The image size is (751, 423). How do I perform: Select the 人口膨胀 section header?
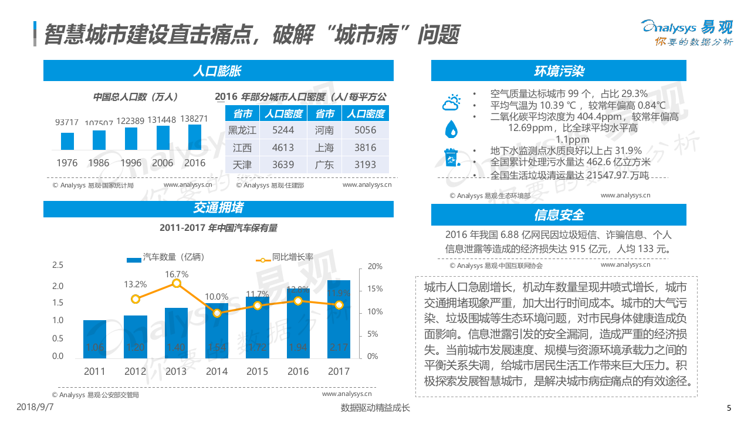[x=218, y=72]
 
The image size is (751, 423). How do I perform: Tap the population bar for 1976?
[x=67, y=141]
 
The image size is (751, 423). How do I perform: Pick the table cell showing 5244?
[x=283, y=130]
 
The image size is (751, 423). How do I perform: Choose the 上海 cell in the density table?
[x=324, y=147]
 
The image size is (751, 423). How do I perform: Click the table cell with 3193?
[x=365, y=164]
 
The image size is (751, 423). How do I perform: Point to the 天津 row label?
[x=242, y=164]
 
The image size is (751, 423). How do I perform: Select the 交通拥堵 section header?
[x=218, y=208]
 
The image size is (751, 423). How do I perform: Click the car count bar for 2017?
[x=339, y=318]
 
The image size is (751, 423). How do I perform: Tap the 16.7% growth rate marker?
[x=177, y=283]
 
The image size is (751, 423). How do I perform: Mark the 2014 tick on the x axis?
[x=216, y=371]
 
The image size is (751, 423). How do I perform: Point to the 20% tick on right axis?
[x=374, y=266]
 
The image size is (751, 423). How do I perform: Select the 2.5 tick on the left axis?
[x=57, y=265]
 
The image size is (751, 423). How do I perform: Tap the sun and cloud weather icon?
[x=451, y=103]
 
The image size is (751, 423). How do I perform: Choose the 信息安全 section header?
[x=559, y=214]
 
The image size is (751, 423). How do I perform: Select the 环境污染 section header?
[x=559, y=72]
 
